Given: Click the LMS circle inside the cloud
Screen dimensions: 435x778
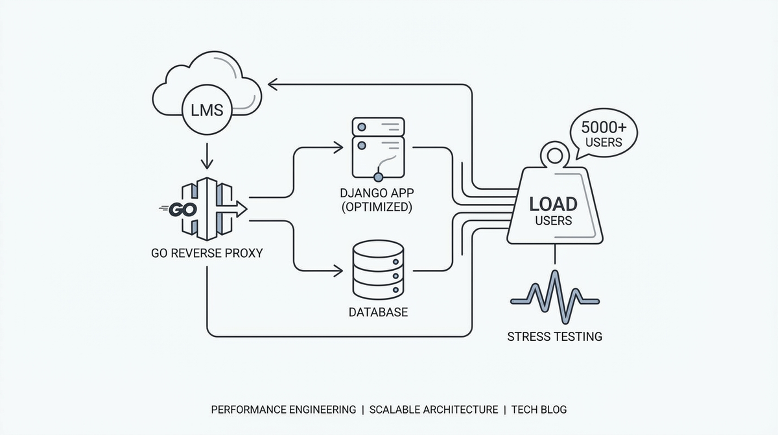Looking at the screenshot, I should [206, 110].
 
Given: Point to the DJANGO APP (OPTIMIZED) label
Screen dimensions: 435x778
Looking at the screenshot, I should [377, 200].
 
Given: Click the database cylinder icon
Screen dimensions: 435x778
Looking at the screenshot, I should [378, 269].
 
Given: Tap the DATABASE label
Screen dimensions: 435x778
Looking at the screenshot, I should [378, 312].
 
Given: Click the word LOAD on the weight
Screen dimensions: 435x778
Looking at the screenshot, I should [553, 204].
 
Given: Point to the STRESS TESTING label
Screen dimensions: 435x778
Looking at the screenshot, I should [554, 336].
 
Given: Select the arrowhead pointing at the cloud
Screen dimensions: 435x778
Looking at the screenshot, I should [273, 84].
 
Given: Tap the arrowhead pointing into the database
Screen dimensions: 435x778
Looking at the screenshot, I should [338, 269].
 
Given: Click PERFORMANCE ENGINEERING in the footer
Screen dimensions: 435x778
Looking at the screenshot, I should [283, 410].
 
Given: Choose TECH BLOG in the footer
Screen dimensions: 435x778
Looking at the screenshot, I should [539, 410].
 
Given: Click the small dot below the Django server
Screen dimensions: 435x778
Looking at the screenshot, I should [378, 177].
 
